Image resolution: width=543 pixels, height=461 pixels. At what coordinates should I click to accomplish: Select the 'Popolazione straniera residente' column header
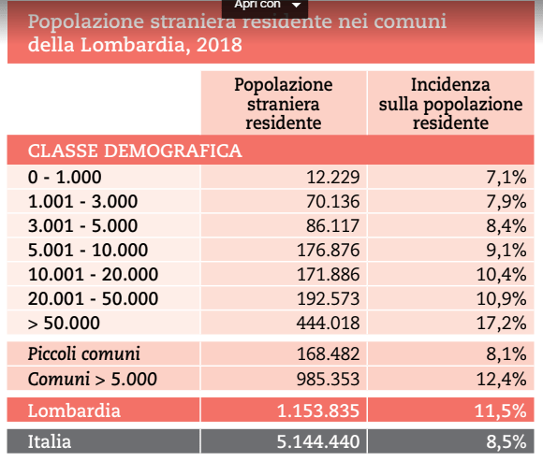click(x=283, y=103)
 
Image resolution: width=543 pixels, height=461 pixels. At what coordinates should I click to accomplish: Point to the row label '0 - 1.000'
click(x=65, y=177)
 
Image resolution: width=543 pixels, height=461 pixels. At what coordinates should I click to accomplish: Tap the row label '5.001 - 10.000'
click(x=88, y=250)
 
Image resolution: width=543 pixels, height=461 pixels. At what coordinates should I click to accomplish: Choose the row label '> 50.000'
click(x=64, y=323)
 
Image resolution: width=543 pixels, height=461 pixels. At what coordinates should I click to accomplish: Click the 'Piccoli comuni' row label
click(x=84, y=354)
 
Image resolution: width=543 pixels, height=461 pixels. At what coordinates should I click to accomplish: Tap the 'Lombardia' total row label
click(x=74, y=411)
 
